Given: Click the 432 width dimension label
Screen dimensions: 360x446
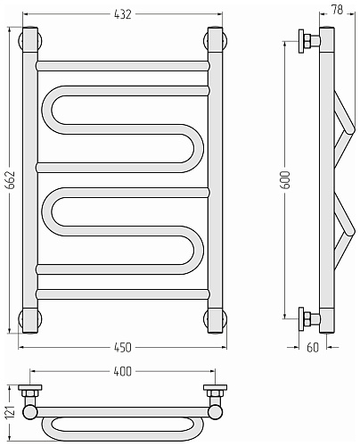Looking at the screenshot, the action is (122, 14).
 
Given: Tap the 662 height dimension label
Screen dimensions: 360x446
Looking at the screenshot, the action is (11, 180).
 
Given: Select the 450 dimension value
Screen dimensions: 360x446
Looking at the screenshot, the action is (122, 347).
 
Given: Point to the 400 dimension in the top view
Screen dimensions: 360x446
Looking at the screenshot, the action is (122, 371).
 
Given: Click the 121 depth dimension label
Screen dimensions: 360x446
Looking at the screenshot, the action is (11, 412).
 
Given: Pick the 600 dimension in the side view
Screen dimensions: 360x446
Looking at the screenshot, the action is (286, 180).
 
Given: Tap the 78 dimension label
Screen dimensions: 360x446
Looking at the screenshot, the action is (337, 10).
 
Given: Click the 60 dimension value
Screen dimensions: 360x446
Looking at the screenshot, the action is (313, 347).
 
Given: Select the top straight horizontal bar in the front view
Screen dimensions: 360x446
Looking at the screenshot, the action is (123, 66).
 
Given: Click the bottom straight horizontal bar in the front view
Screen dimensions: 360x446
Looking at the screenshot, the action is (123, 293).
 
